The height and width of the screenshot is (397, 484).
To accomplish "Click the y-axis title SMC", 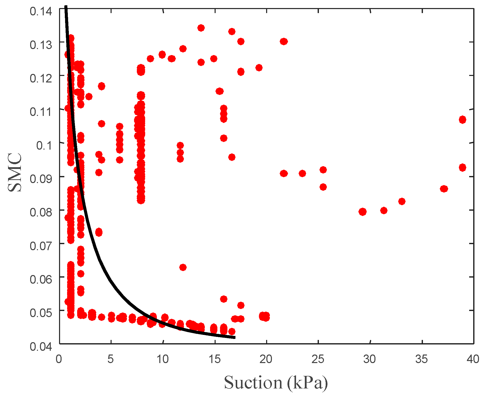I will pyautogui.click(x=15, y=172).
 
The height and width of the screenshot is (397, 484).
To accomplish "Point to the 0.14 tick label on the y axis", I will pyautogui.click(x=41, y=11).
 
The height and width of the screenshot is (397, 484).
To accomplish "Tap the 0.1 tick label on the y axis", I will pyautogui.click(x=44, y=146).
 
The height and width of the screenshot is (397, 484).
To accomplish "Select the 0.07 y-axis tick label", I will pyautogui.click(x=41, y=246).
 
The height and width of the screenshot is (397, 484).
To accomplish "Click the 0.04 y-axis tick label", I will pyautogui.click(x=41, y=347).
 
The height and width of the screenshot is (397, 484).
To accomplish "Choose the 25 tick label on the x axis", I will pyautogui.click(x=318, y=359).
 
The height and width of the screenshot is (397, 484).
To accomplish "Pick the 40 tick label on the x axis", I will pyautogui.click(x=473, y=359).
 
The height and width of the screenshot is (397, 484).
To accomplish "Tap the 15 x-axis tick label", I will pyautogui.click(x=215, y=359).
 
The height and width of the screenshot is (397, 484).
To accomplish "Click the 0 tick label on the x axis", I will pyautogui.click(x=59, y=359).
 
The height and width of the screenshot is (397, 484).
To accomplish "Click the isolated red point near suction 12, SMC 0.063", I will pyautogui.click(x=183, y=267).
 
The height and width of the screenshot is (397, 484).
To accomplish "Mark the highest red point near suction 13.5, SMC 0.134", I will pyautogui.click(x=201, y=28).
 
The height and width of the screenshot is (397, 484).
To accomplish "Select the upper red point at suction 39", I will pyautogui.click(x=462, y=120).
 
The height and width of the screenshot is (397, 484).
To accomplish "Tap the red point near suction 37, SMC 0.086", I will pyautogui.click(x=444, y=189).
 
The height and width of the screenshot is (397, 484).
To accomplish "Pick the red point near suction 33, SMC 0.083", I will pyautogui.click(x=402, y=201).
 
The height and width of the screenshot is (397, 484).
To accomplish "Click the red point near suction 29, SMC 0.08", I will pyautogui.click(x=362, y=212).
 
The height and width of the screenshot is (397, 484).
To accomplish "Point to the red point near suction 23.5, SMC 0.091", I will pyautogui.click(x=302, y=173).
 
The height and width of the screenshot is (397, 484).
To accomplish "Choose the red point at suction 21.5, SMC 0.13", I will pyautogui.click(x=284, y=41).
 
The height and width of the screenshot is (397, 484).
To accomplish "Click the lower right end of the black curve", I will pyautogui.click(x=234, y=337).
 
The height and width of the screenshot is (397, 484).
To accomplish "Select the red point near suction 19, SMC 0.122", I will pyautogui.click(x=259, y=68).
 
